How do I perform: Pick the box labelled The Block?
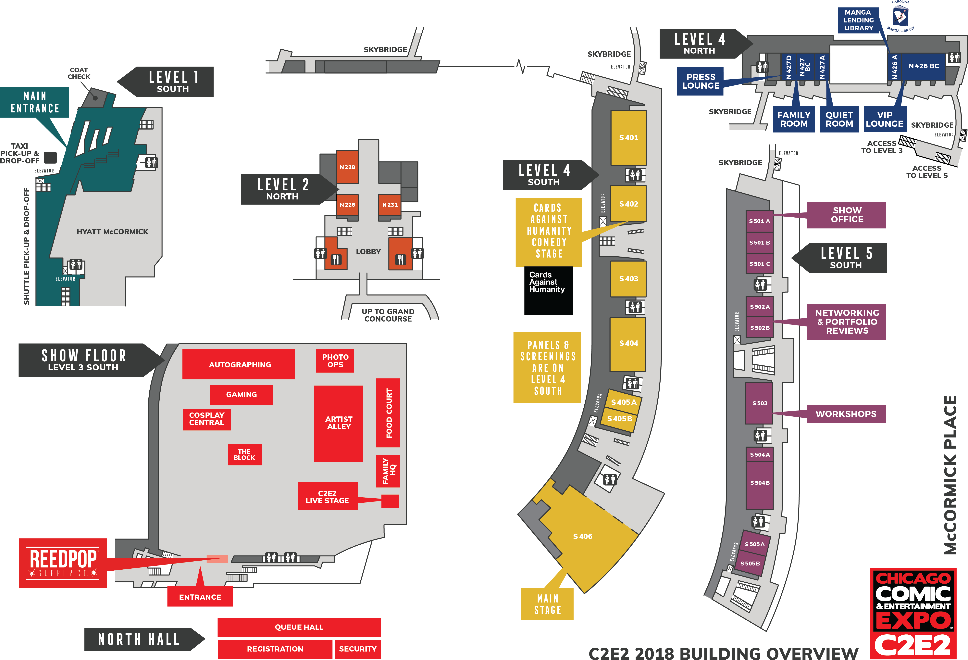tap(244, 455)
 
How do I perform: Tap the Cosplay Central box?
tap(207, 419)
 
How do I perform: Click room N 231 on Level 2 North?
tap(390, 205)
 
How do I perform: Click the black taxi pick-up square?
tap(50, 157)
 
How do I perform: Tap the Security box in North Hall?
tap(357, 649)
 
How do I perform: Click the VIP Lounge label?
tap(885, 119)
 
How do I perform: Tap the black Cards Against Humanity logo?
tap(549, 291)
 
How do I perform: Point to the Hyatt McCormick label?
tap(112, 232)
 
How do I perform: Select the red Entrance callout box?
tap(200, 597)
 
